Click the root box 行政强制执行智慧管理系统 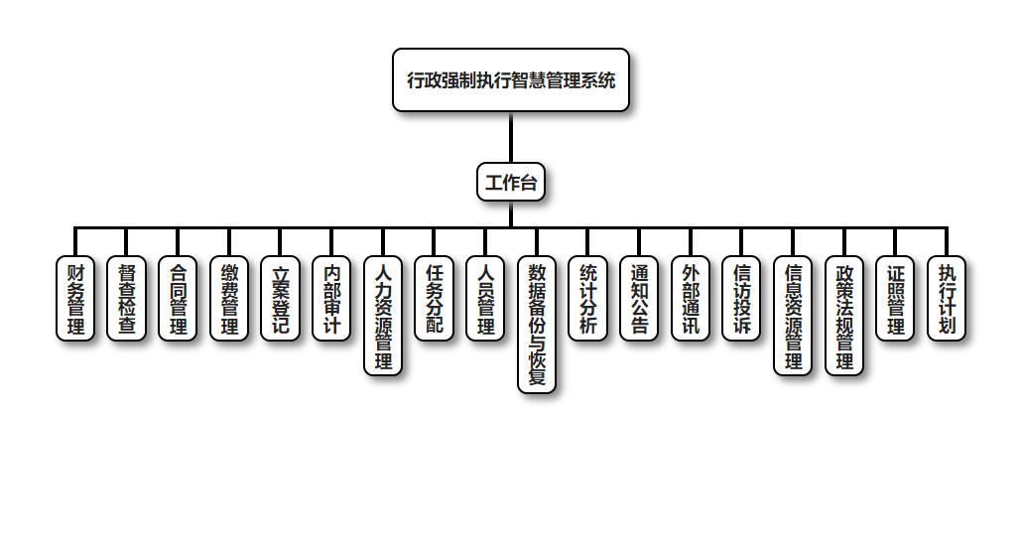(511, 80)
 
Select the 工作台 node (511, 182)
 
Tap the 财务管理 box (75, 298)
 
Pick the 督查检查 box (127, 298)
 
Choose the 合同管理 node (178, 298)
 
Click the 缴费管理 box (229, 298)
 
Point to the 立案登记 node (281, 298)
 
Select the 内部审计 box (331, 298)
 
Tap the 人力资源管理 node (383, 315)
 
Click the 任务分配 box (435, 298)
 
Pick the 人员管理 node (485, 298)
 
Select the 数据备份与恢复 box (537, 324)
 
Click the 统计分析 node (588, 298)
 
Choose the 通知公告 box (639, 298)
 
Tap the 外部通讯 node (691, 298)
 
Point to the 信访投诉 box (742, 298)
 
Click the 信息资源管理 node (793, 315)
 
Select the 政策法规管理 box (844, 315)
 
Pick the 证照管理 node (896, 298)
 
